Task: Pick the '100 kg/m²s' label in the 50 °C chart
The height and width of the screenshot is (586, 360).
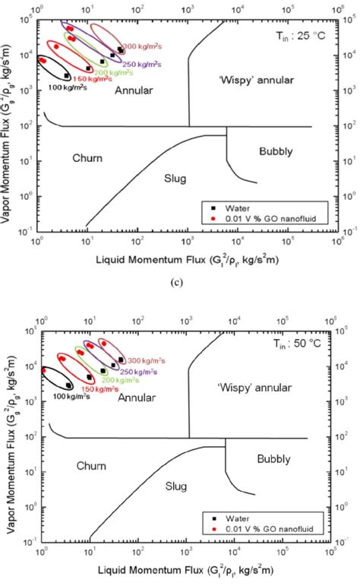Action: tap(68, 396)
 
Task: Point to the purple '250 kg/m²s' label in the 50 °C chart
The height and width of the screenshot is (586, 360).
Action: tap(137, 372)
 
